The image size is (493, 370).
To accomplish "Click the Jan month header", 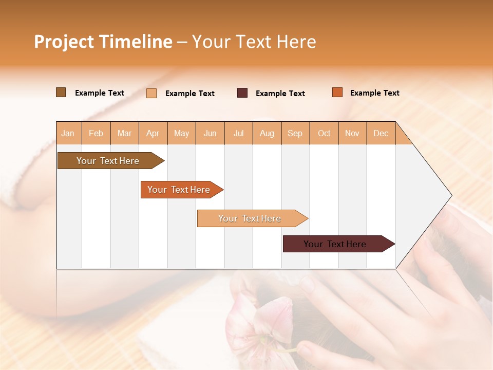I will click(x=68, y=133).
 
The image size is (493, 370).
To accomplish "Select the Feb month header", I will click(x=96, y=133).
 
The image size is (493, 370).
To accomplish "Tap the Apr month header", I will click(x=153, y=133).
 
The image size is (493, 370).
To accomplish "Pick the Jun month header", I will click(x=210, y=133).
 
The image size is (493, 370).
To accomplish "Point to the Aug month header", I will click(x=267, y=133).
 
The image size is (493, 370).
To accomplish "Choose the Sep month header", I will click(x=295, y=133).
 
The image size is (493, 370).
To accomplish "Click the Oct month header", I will click(x=324, y=133).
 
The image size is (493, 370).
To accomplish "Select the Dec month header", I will click(x=381, y=133).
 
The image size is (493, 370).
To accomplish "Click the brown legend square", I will click(x=61, y=92).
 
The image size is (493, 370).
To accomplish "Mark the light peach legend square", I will click(x=151, y=93).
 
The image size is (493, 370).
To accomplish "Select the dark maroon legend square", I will click(x=242, y=93).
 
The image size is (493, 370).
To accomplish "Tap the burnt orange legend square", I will click(x=337, y=92).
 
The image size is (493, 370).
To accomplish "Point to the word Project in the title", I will click(x=64, y=42).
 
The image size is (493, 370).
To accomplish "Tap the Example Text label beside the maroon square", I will click(x=280, y=94).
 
